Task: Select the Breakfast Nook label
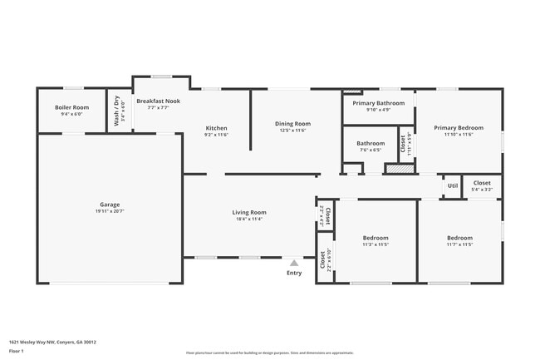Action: tap(158, 101)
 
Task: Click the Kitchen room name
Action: tap(216, 127)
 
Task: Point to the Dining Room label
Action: tap(292, 124)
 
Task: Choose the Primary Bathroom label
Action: tap(378, 103)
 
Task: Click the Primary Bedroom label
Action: tap(458, 127)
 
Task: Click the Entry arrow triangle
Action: tap(294, 263)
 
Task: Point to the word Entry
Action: tap(294, 273)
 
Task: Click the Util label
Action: tap(452, 186)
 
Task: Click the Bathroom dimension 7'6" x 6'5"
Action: tap(371, 150)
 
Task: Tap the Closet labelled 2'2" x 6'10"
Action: tap(325, 259)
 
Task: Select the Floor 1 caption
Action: tap(17, 351)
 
